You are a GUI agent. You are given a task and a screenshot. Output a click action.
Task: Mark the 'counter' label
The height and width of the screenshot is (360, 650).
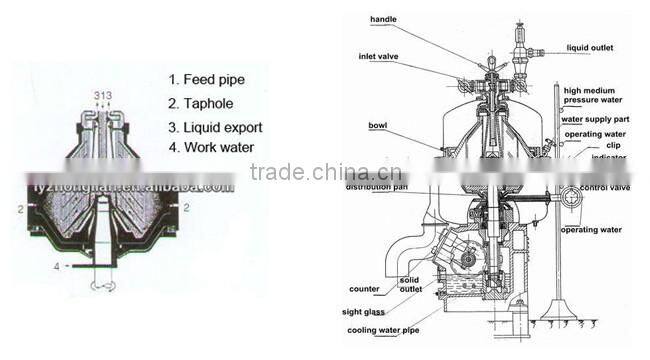click(x=365, y=289)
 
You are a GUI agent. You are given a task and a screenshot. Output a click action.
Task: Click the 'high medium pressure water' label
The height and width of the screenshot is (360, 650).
click(x=597, y=95)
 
